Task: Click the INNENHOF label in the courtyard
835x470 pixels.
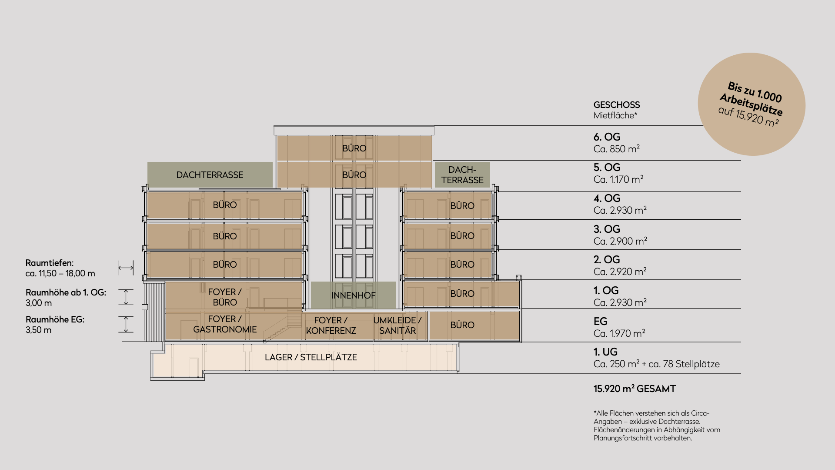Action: click(x=353, y=295)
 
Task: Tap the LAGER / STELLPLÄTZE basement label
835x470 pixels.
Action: click(x=311, y=357)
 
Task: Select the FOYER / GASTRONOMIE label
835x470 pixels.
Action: click(x=225, y=324)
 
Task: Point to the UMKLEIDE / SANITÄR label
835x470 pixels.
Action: click(x=397, y=326)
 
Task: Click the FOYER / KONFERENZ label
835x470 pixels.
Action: click(x=331, y=326)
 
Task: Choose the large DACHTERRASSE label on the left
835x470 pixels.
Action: click(x=210, y=175)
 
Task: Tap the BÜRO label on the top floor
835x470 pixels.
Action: click(x=354, y=148)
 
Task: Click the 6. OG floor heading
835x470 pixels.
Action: click(x=607, y=137)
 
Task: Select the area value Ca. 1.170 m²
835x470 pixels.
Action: click(x=618, y=179)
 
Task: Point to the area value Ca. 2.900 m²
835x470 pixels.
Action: click(x=620, y=241)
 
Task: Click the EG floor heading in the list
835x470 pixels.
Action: click(x=600, y=322)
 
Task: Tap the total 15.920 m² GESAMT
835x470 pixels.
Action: click(x=635, y=389)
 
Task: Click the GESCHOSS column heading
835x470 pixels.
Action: click(x=616, y=105)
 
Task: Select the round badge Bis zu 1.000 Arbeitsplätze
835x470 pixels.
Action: click(x=751, y=104)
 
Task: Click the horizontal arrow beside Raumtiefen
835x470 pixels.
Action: click(x=126, y=268)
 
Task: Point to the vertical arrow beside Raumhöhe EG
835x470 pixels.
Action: click(x=126, y=324)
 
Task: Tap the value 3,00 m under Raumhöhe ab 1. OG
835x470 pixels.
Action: click(x=39, y=303)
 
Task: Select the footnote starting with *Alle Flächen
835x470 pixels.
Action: click(x=657, y=425)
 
